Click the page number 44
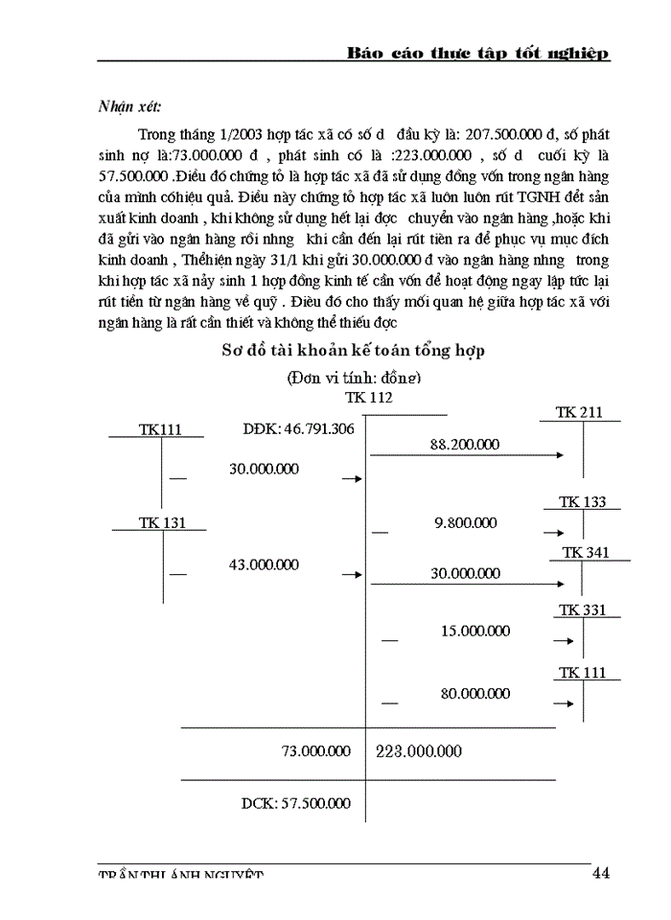(601, 872)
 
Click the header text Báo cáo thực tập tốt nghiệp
(477, 54)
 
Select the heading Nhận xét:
(130, 106)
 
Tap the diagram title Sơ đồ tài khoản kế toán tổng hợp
(353, 351)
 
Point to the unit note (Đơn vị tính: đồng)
(355, 378)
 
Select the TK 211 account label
(579, 412)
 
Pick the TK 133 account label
(582, 502)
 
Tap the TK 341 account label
(585, 553)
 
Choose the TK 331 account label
(582, 609)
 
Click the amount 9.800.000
(465, 522)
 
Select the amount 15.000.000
(474, 631)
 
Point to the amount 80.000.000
(474, 693)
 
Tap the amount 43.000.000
(264, 564)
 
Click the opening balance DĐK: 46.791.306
(298, 428)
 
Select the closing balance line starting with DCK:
(295, 803)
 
